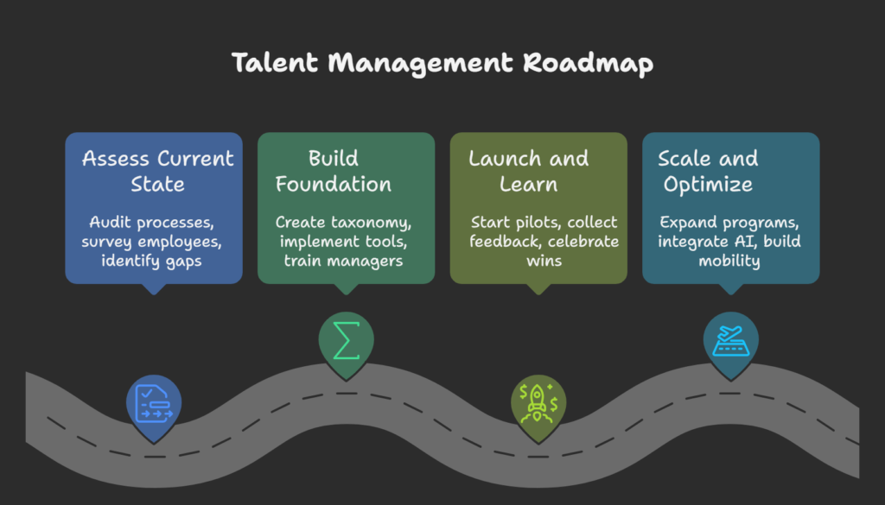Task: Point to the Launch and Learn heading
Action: click(x=529, y=171)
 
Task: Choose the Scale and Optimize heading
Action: click(x=708, y=171)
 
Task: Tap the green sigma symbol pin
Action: click(x=347, y=339)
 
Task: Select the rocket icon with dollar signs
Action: click(x=538, y=401)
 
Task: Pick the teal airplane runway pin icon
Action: click(x=730, y=339)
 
